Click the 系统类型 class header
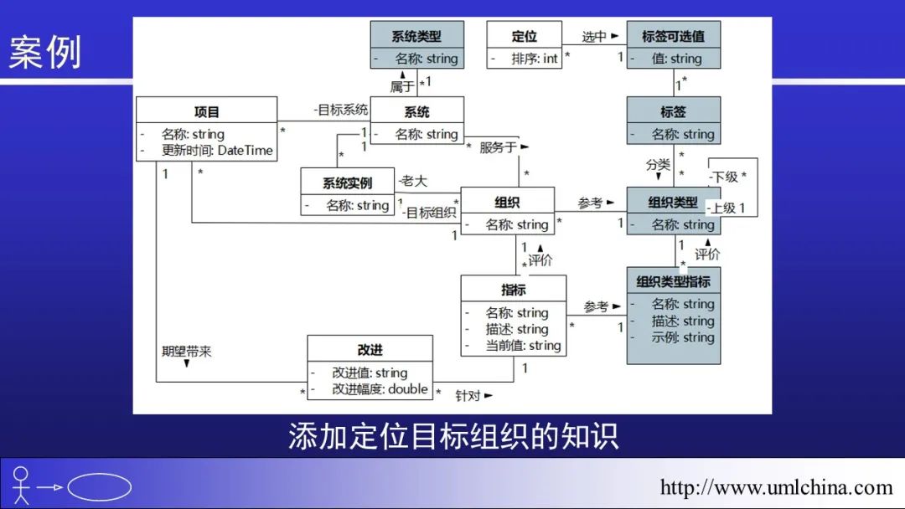click(x=416, y=36)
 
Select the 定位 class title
click(x=524, y=36)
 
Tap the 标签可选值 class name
click(x=673, y=36)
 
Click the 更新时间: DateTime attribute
click(x=217, y=151)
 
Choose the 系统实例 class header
click(x=347, y=183)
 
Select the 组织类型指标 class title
click(x=673, y=281)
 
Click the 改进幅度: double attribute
click(x=380, y=389)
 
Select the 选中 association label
click(x=594, y=37)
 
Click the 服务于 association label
click(x=498, y=147)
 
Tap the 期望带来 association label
click(x=186, y=352)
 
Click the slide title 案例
click(x=45, y=53)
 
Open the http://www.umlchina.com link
click(x=776, y=487)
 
